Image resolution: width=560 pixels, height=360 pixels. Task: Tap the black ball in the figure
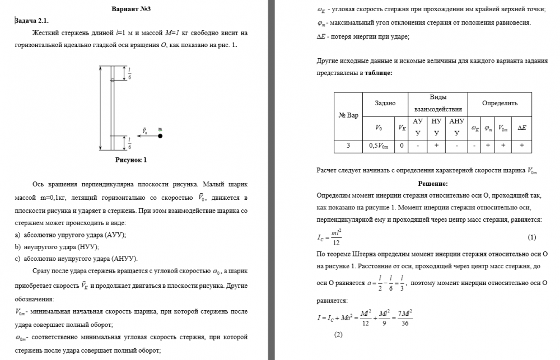pyautogui.click(x=160, y=135)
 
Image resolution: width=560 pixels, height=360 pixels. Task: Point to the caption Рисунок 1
pyautogui.click(x=128, y=160)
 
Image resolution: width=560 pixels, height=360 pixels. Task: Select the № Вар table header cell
pyautogui.click(x=348, y=115)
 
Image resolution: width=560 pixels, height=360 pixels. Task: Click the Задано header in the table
pyautogui.click(x=385, y=103)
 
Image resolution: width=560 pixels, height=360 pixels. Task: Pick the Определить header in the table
pyautogui.click(x=500, y=103)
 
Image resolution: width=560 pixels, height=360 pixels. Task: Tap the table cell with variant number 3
pyautogui.click(x=348, y=146)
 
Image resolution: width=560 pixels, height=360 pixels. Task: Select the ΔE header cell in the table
pyautogui.click(x=521, y=128)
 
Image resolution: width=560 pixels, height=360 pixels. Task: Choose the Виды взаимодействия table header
pyautogui.click(x=437, y=103)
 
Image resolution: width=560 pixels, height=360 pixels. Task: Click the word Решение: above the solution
pyautogui.click(x=432, y=184)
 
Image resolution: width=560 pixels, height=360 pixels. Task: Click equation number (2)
pyautogui.click(x=338, y=335)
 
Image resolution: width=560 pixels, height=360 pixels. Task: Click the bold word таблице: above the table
pyautogui.click(x=379, y=73)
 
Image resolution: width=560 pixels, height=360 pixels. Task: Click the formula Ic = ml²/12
pyautogui.click(x=330, y=237)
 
